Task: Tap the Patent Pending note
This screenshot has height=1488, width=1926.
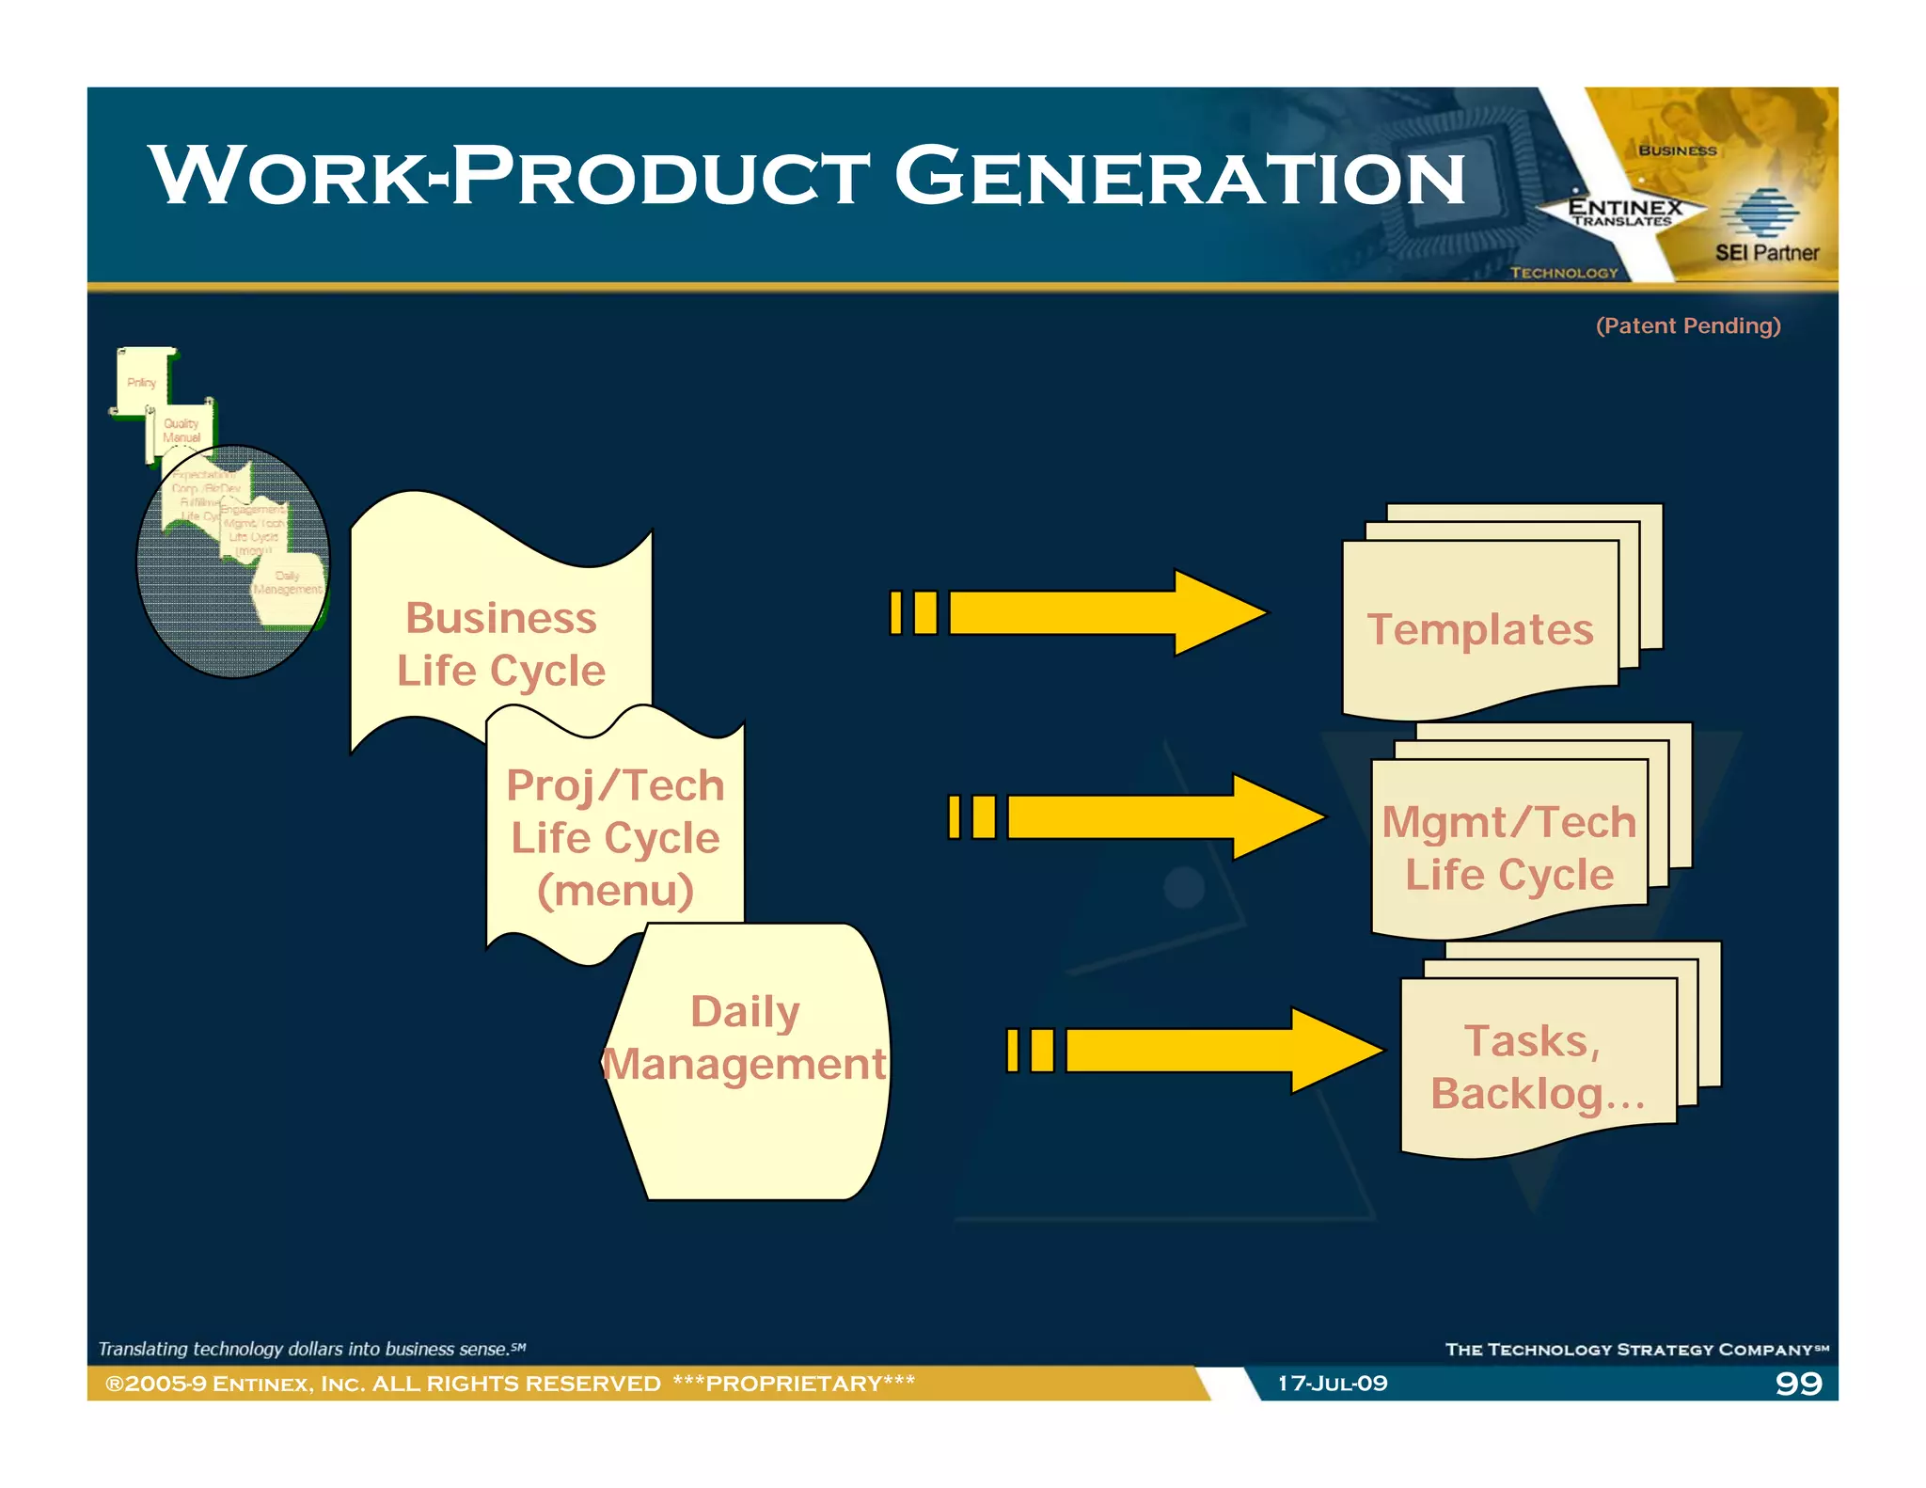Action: coord(1688,325)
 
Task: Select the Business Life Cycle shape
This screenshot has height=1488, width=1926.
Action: coord(500,643)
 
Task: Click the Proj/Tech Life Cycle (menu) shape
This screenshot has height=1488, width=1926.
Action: coord(615,837)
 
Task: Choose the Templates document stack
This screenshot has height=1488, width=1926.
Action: coord(1480,628)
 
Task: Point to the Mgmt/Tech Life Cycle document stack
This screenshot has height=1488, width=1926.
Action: coord(1508,847)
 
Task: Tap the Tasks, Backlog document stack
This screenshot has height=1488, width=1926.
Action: coord(1537,1067)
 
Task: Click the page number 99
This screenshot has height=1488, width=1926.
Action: coord(1798,1383)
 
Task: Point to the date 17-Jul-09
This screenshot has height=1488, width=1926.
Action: coord(1332,1383)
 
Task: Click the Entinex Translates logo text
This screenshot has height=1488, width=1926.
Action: coord(1624,211)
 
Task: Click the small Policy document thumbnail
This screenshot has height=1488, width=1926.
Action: coord(142,382)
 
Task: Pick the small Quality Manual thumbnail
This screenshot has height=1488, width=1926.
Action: coord(182,431)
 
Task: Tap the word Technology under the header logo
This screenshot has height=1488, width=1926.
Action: coord(1564,273)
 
